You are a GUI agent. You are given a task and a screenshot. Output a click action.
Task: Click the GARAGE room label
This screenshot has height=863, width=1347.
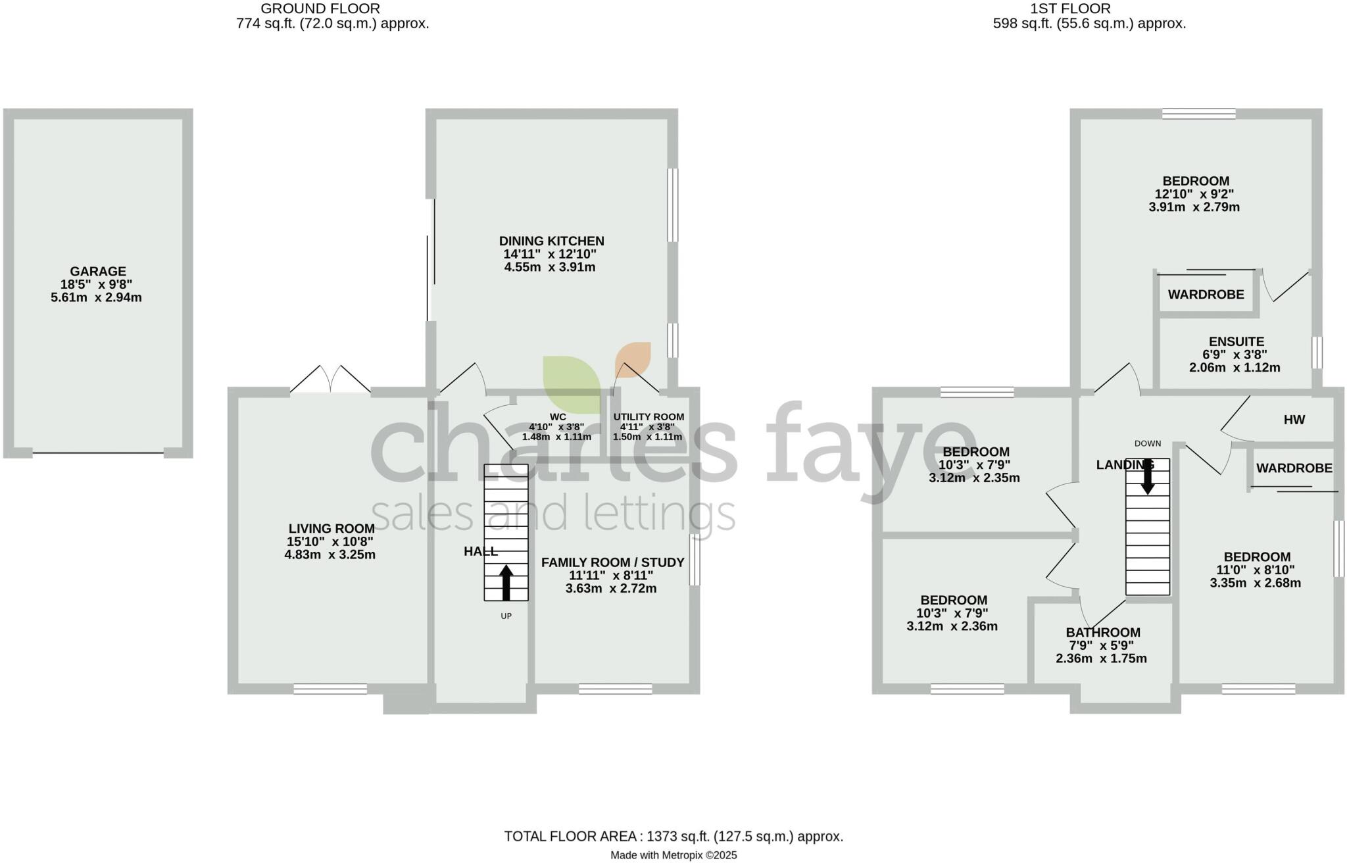click(x=98, y=271)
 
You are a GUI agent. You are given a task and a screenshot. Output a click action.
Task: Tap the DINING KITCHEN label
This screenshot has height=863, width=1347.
click(x=551, y=241)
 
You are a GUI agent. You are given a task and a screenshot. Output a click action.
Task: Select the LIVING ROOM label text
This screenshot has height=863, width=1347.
click(x=331, y=528)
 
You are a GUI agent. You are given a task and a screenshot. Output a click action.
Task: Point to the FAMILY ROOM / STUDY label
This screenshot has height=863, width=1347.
click(x=612, y=562)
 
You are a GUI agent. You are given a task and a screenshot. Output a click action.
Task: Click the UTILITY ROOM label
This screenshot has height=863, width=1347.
click(x=649, y=417)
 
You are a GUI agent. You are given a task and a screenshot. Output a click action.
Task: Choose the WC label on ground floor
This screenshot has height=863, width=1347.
click(x=558, y=417)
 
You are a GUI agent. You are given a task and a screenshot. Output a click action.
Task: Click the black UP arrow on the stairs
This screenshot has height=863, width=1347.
click(x=506, y=582)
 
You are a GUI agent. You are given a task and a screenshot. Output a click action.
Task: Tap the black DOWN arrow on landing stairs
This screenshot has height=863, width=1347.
click(x=1148, y=477)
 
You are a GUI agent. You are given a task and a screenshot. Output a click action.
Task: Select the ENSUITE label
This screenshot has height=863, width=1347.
click(x=1237, y=341)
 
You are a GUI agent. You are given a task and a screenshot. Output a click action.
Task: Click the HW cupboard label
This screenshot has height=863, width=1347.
click(x=1294, y=420)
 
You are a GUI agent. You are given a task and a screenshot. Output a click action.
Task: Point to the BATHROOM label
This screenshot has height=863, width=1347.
click(x=1103, y=633)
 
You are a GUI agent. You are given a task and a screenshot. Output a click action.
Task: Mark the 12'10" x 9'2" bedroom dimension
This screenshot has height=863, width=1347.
click(x=1194, y=194)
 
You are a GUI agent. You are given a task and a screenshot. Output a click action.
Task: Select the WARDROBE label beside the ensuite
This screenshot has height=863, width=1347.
click(x=1206, y=295)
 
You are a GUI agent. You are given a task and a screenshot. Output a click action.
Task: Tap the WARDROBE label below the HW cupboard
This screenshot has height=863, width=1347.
click(x=1294, y=468)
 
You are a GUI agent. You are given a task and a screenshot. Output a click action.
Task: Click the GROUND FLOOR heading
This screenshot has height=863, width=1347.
click(x=320, y=9)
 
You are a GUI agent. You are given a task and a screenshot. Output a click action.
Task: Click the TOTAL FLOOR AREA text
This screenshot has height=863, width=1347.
click(x=673, y=836)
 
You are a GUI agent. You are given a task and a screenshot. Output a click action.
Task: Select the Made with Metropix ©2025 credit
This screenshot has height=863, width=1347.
click(x=673, y=855)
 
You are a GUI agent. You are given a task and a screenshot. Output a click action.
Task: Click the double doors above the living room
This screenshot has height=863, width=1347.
click(x=331, y=380)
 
